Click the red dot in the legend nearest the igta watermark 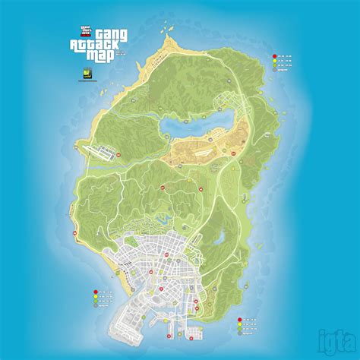point(240,318)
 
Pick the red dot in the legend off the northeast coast point(275,56)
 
